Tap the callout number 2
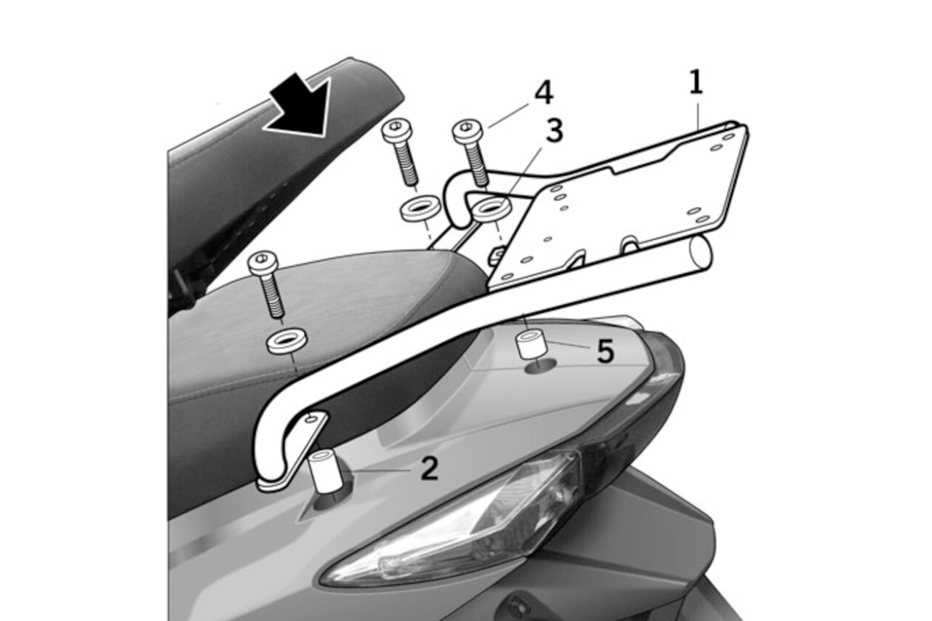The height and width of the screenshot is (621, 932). tap(429, 469)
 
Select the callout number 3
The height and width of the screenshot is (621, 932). tap(553, 131)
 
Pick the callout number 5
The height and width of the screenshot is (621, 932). tap(606, 351)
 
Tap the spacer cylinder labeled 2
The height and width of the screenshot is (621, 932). tap(325, 471)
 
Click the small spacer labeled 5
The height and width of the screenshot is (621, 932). tap(531, 343)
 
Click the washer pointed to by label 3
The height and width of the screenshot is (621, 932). tap(493, 208)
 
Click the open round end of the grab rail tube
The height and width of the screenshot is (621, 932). tap(700, 252)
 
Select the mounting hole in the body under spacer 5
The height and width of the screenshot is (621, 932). tap(540, 366)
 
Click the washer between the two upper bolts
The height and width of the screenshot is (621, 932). tap(421, 210)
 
